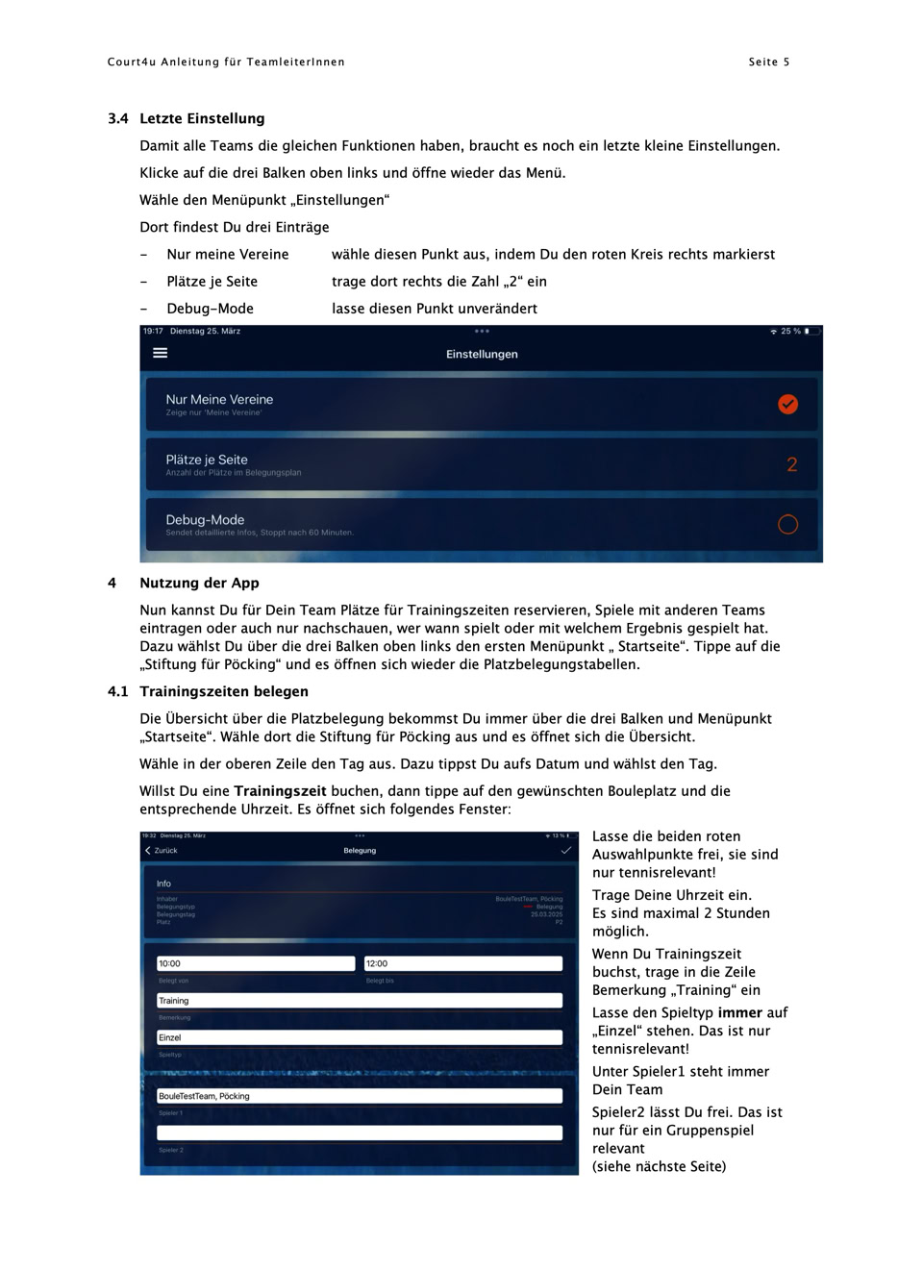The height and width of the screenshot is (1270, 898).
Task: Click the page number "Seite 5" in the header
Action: coord(768,62)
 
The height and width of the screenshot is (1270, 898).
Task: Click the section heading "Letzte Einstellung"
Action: coord(202,119)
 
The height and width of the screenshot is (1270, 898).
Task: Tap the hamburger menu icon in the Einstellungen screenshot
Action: coord(161,354)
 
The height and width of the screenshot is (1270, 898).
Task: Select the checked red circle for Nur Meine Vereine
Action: coord(787,404)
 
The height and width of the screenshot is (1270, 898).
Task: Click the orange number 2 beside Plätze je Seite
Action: coord(791,464)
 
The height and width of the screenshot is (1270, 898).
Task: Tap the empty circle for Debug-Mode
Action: coord(787,524)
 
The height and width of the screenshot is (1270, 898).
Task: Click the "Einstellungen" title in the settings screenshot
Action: coord(482,355)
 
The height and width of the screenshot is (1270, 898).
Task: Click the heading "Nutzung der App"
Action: coord(199,584)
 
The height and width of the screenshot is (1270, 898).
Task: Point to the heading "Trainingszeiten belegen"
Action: coord(223,692)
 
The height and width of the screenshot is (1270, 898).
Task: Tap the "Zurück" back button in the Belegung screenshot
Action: coord(162,851)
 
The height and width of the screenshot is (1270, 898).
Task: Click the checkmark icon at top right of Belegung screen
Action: coord(565,851)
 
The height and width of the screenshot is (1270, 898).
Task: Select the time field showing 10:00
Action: coord(256,963)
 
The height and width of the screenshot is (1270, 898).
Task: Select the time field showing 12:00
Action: coord(463,963)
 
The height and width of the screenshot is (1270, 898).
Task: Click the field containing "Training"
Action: coord(360,1001)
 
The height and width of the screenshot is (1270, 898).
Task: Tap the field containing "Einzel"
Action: coord(360,1038)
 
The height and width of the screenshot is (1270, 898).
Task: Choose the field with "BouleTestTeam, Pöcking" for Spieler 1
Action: coord(360,1096)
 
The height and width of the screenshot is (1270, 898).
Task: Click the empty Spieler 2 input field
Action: coord(360,1133)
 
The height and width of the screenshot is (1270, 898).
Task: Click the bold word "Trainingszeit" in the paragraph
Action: coord(280,791)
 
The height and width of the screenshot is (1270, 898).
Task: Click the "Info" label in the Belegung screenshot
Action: coord(164,884)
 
